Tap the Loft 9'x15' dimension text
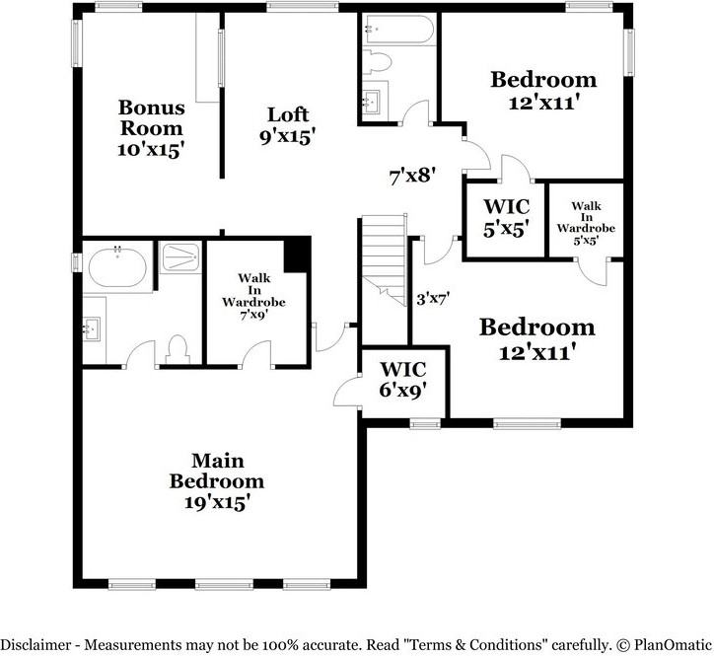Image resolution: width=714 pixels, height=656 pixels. click(x=288, y=136)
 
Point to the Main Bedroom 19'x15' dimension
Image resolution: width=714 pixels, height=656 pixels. click(x=217, y=502)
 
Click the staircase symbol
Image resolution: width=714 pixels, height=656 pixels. click(x=384, y=259)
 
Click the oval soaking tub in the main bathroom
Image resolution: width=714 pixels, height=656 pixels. click(x=117, y=268)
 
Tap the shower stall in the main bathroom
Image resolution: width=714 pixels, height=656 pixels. click(x=180, y=257)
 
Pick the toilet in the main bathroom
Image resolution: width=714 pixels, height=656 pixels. click(x=178, y=350)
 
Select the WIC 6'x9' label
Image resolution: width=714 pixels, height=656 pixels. click(x=402, y=380)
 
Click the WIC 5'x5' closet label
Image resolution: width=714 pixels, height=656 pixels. click(x=506, y=218)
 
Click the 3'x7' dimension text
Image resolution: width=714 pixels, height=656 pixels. click(x=433, y=299)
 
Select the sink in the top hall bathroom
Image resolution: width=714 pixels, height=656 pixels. click(x=372, y=101)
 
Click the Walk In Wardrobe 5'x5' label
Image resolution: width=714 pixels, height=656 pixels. click(x=586, y=223)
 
